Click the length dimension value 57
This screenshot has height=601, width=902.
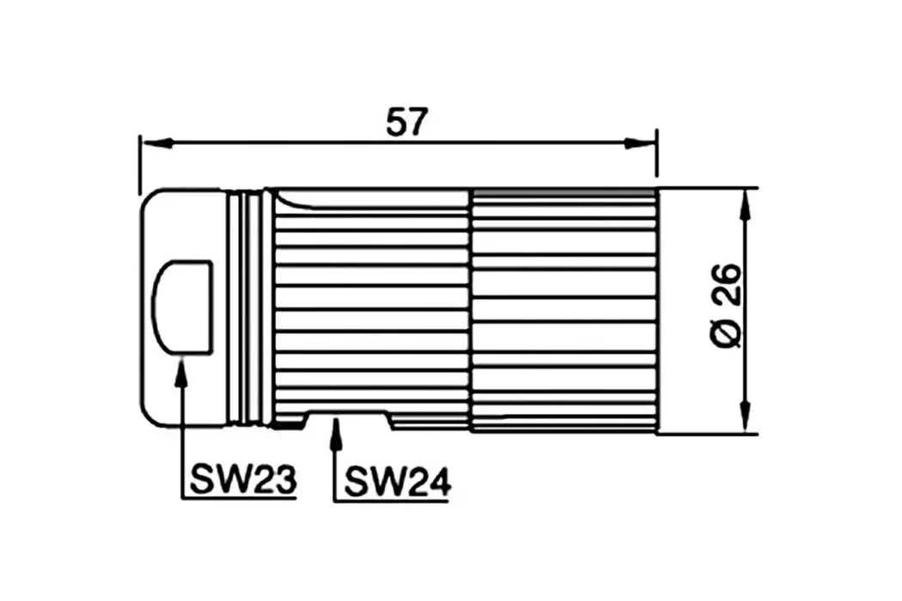(x=406, y=123)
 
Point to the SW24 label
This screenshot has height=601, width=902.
(x=397, y=483)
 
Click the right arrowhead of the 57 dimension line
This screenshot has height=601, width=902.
(x=640, y=143)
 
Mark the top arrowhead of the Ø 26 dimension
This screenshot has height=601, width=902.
(x=746, y=203)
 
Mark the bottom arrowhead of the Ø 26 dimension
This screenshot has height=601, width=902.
(x=746, y=419)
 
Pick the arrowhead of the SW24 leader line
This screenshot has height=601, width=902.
(x=336, y=428)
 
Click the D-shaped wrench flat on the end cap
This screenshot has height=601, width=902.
(x=182, y=306)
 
